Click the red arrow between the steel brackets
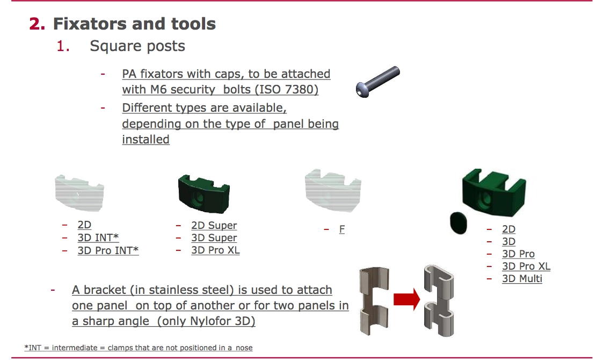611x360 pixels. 407,299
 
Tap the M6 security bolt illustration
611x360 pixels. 377,82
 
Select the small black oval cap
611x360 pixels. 459,223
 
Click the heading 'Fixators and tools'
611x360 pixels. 134,24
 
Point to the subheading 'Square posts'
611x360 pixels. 137,46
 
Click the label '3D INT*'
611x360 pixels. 98,237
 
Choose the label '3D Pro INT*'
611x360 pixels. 108,250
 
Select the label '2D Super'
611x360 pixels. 214,226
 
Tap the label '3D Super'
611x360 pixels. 214,238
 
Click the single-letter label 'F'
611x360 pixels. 341,229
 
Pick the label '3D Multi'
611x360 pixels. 522,279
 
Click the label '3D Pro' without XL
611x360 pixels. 518,254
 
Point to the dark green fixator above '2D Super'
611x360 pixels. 204,194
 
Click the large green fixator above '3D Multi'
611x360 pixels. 494,192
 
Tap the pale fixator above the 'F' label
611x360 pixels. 333,190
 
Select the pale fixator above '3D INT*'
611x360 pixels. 79,193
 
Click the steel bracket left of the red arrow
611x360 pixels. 374,301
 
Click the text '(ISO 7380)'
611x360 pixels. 286,90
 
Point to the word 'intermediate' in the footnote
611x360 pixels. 75,348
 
